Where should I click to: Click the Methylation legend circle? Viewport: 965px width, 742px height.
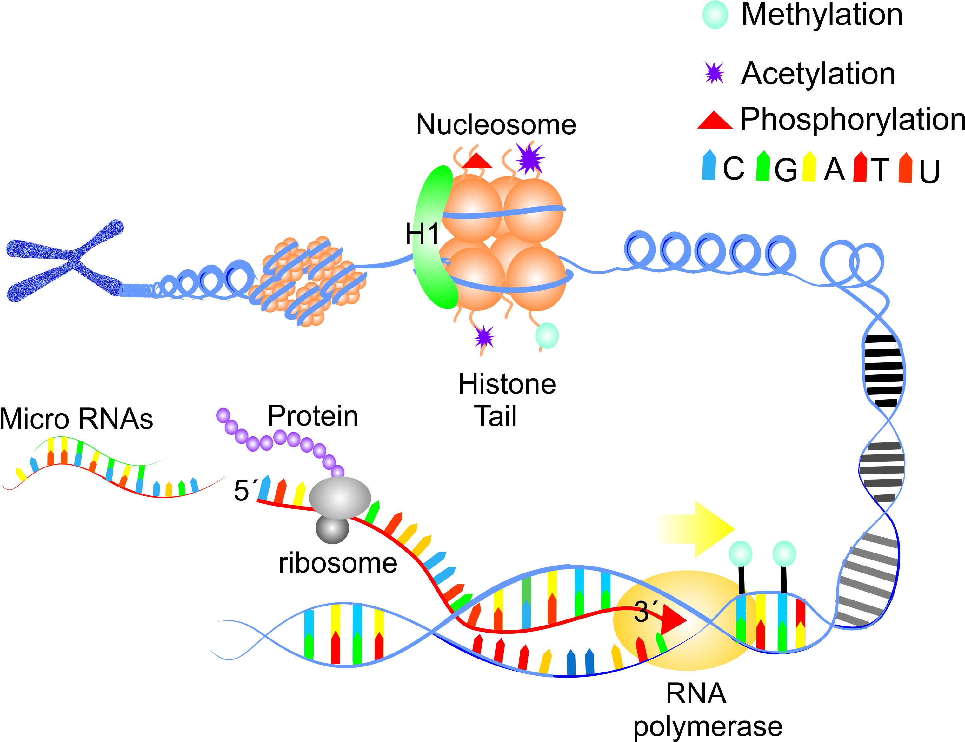(715, 15)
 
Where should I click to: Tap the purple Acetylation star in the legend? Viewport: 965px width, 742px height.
(714, 73)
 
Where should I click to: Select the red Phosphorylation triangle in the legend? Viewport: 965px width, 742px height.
(714, 121)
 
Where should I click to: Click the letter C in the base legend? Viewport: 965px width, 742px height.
(733, 169)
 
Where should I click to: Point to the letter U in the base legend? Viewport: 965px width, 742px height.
(929, 171)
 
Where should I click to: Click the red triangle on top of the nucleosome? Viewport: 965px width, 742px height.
(477, 162)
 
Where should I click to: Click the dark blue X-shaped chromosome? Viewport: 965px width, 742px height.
(66, 261)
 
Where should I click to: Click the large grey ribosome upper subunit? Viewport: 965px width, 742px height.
(340, 498)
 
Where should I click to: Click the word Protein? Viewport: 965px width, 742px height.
(313, 416)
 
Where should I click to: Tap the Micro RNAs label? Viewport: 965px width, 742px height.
(76, 419)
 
